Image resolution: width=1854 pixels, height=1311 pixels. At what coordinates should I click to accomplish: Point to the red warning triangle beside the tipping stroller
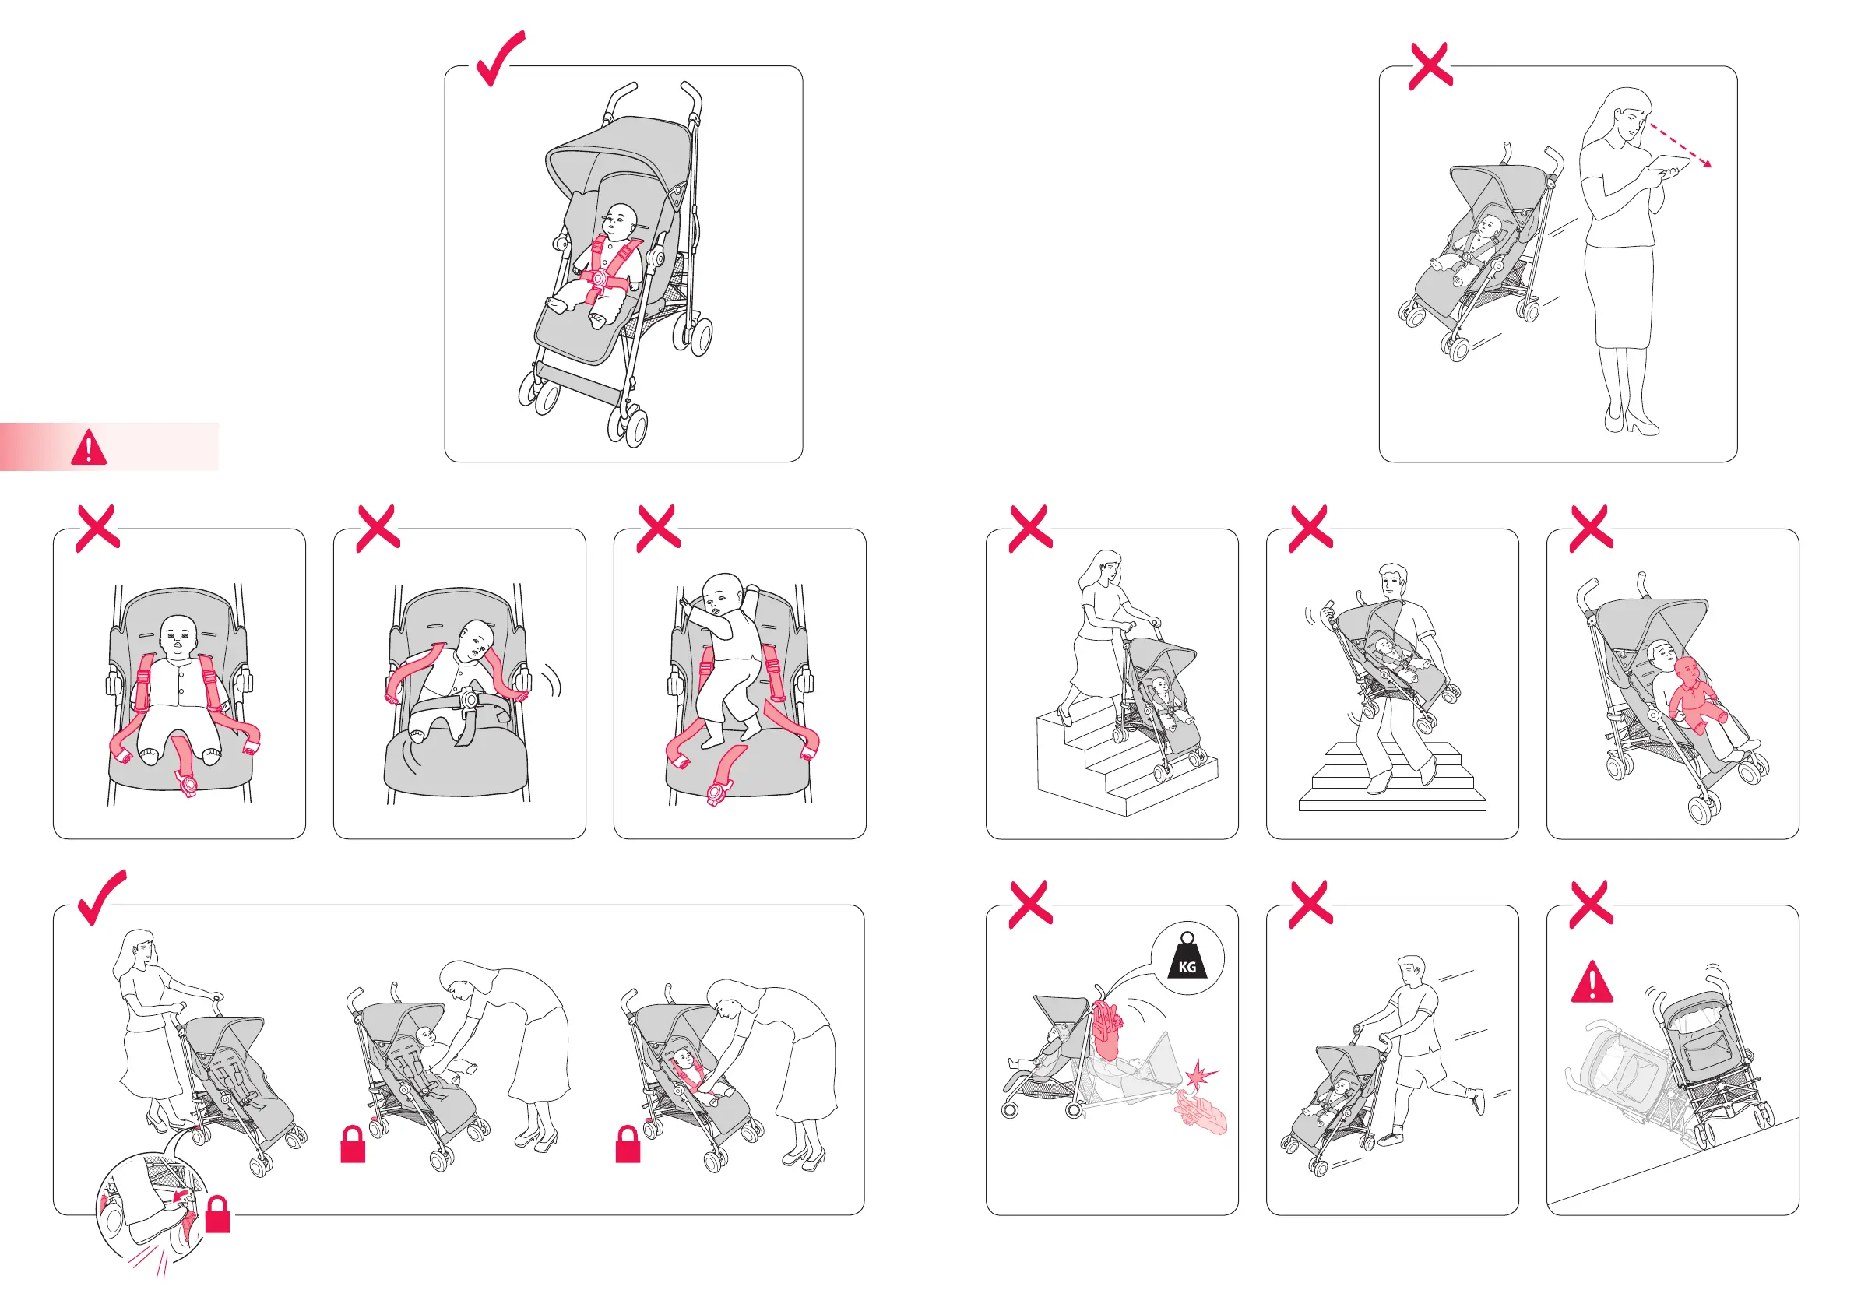(x=1592, y=982)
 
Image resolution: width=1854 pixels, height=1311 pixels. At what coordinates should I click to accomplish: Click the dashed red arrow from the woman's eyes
(x=1680, y=146)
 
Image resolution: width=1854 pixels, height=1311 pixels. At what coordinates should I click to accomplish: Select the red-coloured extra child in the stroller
(x=1696, y=694)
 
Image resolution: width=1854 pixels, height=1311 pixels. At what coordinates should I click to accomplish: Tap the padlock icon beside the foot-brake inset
(x=218, y=1214)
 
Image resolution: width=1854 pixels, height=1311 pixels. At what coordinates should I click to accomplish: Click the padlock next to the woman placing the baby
(x=353, y=1144)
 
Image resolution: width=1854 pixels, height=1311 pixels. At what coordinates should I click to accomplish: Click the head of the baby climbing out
(x=722, y=592)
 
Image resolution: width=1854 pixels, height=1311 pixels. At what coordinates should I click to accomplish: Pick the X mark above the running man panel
(x=1311, y=904)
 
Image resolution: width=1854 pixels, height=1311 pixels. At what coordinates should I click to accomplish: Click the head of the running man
(x=1411, y=970)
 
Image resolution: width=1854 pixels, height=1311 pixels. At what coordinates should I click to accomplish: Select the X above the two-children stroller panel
(x=1591, y=529)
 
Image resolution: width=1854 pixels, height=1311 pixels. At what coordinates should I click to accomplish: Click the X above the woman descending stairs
(x=1031, y=529)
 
